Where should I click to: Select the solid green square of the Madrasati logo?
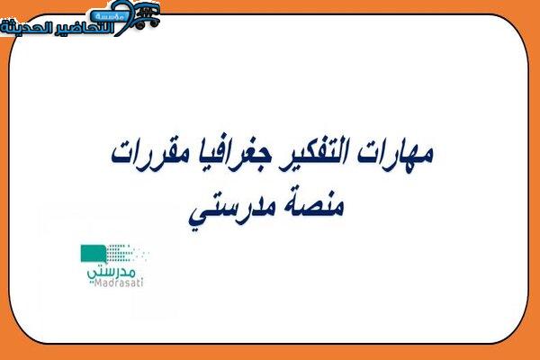point(93,254)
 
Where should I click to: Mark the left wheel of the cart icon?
point(139,25)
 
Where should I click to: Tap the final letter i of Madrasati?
point(141,283)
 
